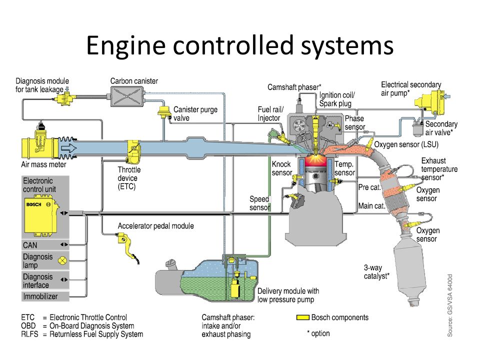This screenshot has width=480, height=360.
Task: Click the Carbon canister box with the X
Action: (126, 96)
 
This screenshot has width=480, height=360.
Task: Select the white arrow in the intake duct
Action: (69, 148)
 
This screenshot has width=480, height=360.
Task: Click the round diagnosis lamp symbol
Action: (62, 261)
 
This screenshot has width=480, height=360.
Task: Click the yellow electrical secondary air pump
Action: (430, 103)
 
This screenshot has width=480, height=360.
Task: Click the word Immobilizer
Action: (40, 296)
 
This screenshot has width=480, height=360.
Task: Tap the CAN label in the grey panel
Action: (30, 245)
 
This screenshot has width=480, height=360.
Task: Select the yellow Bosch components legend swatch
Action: (302, 317)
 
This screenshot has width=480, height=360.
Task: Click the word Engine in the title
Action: (126, 46)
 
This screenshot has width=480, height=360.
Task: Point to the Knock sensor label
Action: (282, 168)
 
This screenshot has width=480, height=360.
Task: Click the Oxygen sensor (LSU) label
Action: (406, 144)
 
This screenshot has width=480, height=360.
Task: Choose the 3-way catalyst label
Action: (376, 272)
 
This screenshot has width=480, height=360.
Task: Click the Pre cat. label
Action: (369, 187)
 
